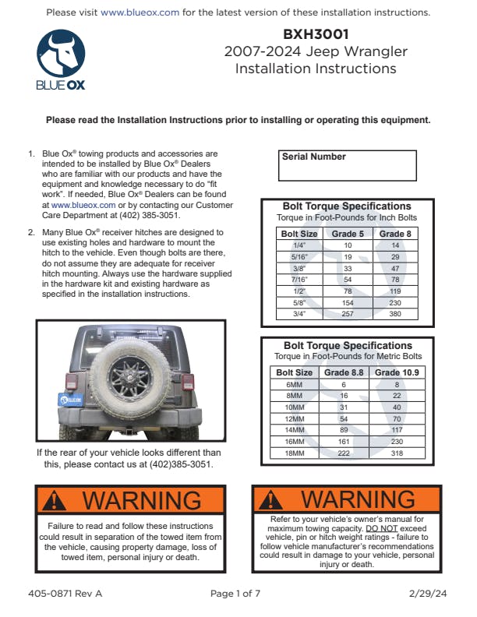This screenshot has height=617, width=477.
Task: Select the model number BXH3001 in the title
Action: pyautogui.click(x=316, y=34)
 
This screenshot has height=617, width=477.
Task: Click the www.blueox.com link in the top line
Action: pyautogui.click(x=140, y=13)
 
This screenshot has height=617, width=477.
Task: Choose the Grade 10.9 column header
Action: pyautogui.click(x=397, y=372)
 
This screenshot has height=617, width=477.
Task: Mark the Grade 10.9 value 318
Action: pyautogui.click(x=397, y=453)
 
